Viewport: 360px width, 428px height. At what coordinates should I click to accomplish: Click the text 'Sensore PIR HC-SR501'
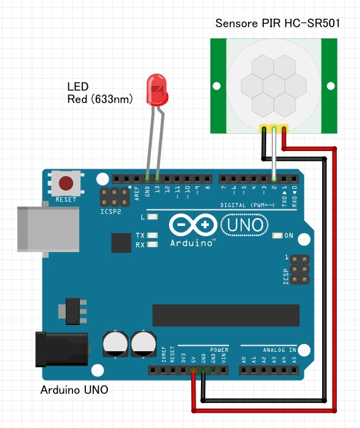(277, 24)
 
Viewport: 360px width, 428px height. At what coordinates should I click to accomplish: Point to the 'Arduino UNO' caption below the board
(74, 390)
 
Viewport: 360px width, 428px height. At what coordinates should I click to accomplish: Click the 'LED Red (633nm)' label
(100, 92)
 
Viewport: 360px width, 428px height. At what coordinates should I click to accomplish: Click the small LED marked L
(152, 217)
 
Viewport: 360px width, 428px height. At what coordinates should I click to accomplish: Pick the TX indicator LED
(152, 235)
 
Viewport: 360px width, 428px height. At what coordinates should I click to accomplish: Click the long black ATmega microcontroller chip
(225, 314)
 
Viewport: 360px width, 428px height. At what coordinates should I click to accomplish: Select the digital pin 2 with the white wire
(274, 178)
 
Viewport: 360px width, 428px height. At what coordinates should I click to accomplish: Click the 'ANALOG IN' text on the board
(280, 350)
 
